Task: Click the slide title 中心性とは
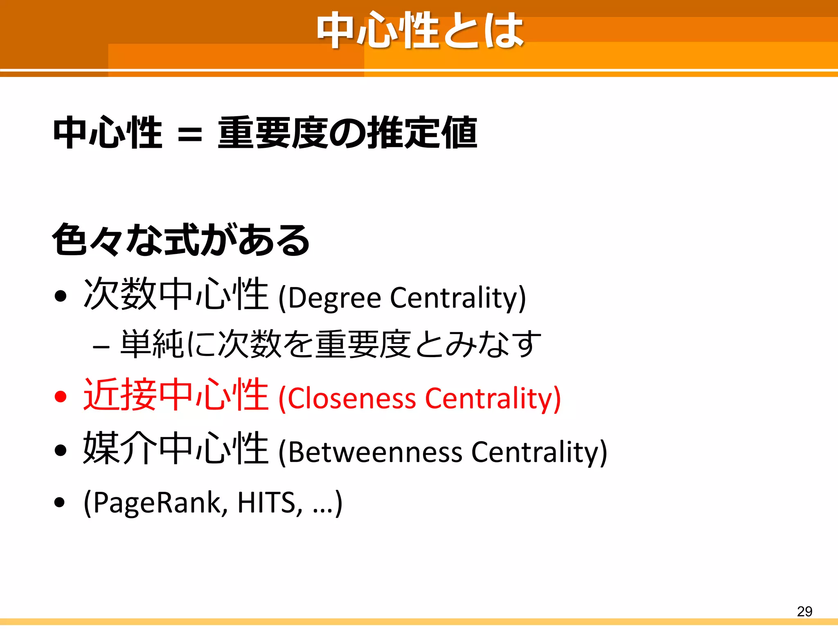pos(420,31)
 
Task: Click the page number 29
pos(804,611)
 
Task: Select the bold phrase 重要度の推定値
pos(347,133)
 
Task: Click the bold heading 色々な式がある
pos(181,240)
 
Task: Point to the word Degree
pos(335,298)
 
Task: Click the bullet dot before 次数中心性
pos(60,296)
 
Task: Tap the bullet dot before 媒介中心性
pos(60,450)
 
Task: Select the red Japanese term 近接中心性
pos(176,394)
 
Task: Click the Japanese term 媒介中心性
pos(176,448)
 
